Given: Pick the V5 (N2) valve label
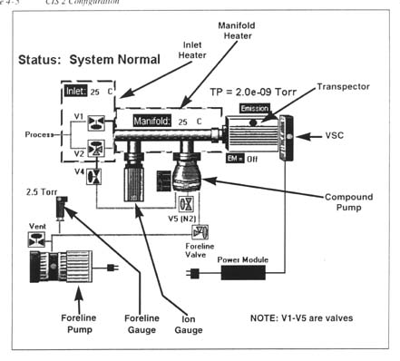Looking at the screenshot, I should click(x=188, y=219).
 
